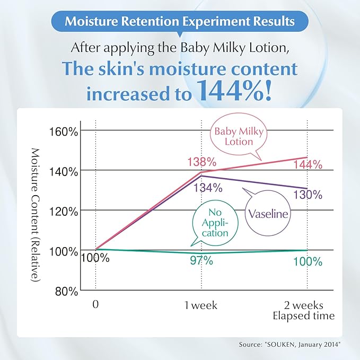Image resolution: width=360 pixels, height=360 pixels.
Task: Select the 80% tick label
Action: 68,291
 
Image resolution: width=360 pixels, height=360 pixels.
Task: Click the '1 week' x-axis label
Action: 201,305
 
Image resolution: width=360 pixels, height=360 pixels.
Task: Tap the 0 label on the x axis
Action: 96,305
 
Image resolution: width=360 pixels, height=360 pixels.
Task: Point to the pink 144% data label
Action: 308,164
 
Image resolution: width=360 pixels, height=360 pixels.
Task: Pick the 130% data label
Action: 308,195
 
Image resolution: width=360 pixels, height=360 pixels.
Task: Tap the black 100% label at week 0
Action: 95,258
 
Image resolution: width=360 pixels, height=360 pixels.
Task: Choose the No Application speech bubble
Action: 214,223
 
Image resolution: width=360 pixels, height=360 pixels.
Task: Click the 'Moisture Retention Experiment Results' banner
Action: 180,22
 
